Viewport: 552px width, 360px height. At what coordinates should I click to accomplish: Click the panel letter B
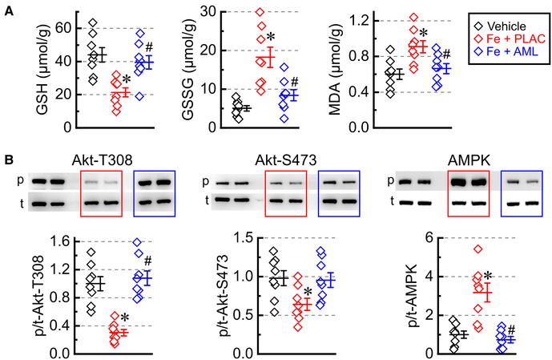[x=7, y=160]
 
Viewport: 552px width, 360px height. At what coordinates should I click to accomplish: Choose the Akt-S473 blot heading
[x=290, y=159]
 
